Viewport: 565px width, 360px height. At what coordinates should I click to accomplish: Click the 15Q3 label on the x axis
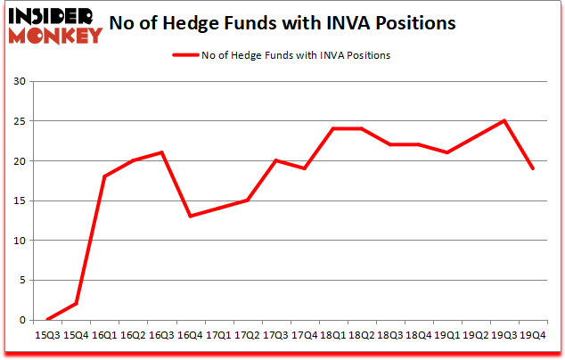pos(48,336)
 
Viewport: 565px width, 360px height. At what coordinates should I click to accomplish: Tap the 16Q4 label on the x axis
pos(190,336)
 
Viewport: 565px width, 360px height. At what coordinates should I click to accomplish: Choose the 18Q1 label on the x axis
pos(332,336)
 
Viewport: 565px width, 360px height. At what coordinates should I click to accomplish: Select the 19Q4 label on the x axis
pos(532,336)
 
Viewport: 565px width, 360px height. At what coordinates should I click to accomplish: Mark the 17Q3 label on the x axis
pos(275,336)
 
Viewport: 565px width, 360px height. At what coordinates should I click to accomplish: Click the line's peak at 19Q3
pos(504,121)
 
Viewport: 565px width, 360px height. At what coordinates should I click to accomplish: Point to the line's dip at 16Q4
pos(190,217)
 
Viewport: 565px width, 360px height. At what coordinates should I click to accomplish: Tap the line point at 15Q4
pos(77,304)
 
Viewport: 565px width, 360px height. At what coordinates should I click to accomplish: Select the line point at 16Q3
pos(161,152)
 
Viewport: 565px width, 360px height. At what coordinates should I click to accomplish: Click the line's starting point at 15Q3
pos(48,319)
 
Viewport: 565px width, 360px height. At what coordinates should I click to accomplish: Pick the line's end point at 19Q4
pos(532,168)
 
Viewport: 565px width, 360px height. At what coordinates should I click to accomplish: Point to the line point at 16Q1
pos(105,176)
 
